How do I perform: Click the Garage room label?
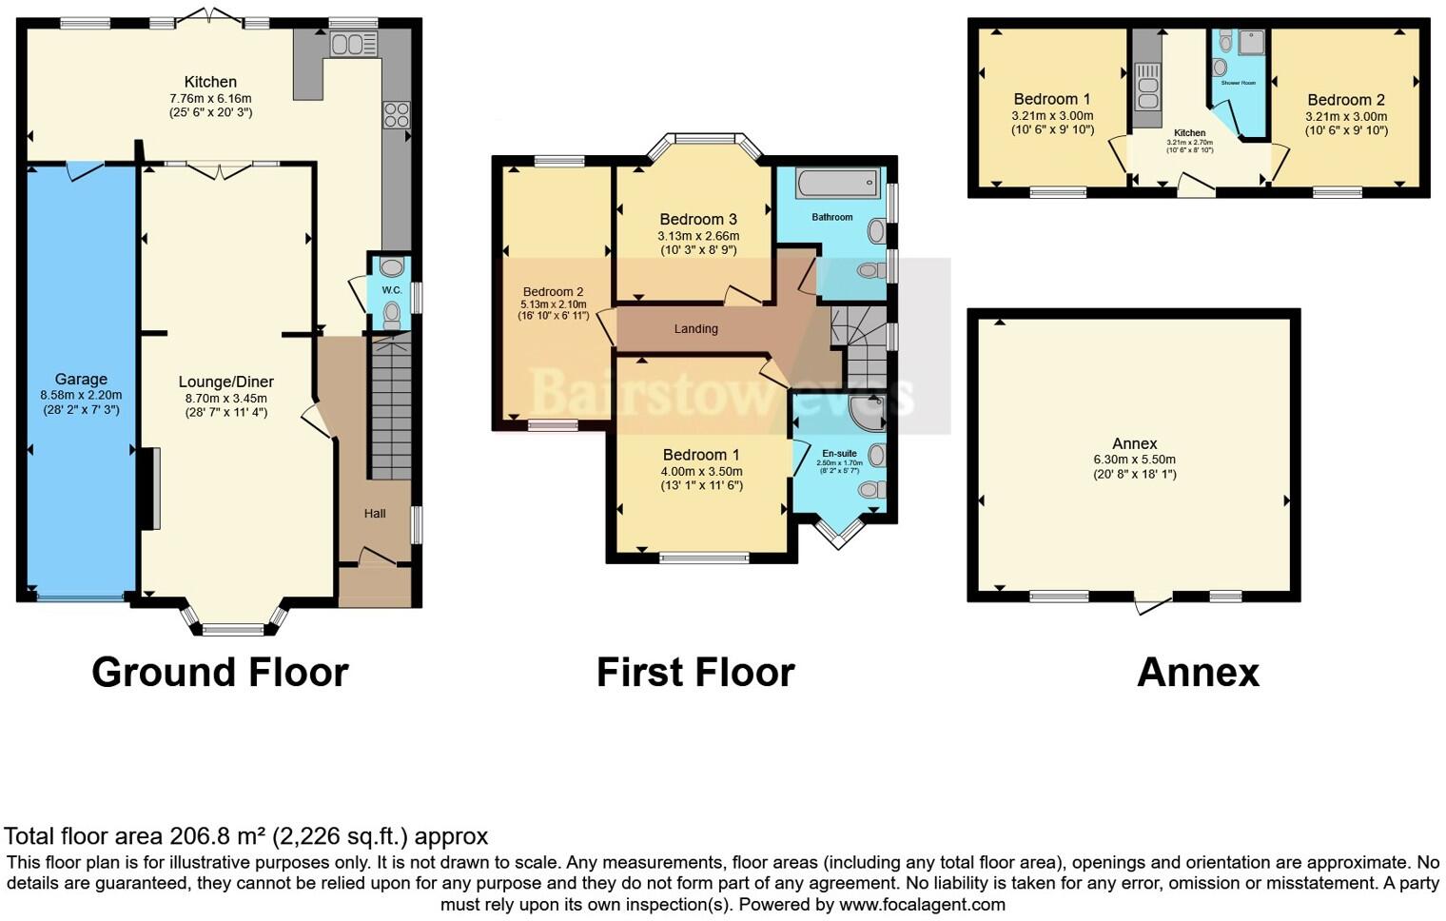click(81, 379)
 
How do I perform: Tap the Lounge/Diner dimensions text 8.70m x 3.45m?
click(226, 398)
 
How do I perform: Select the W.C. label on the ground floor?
click(391, 289)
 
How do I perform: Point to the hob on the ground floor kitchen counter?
click(397, 115)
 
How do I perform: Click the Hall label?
click(375, 514)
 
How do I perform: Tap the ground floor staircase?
click(390, 409)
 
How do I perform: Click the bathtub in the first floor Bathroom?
click(837, 184)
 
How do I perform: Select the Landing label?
click(695, 329)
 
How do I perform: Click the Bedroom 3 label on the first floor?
click(698, 220)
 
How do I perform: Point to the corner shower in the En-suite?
click(868, 412)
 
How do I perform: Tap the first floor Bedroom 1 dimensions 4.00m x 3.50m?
click(701, 471)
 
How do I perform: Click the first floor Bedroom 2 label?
click(553, 292)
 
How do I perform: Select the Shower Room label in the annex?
click(1238, 83)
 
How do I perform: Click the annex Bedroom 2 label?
click(1345, 100)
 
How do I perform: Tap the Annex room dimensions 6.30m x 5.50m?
click(1134, 460)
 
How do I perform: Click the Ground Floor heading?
click(220, 673)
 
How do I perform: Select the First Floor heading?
click(695, 673)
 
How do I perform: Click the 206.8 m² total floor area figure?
click(219, 837)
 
